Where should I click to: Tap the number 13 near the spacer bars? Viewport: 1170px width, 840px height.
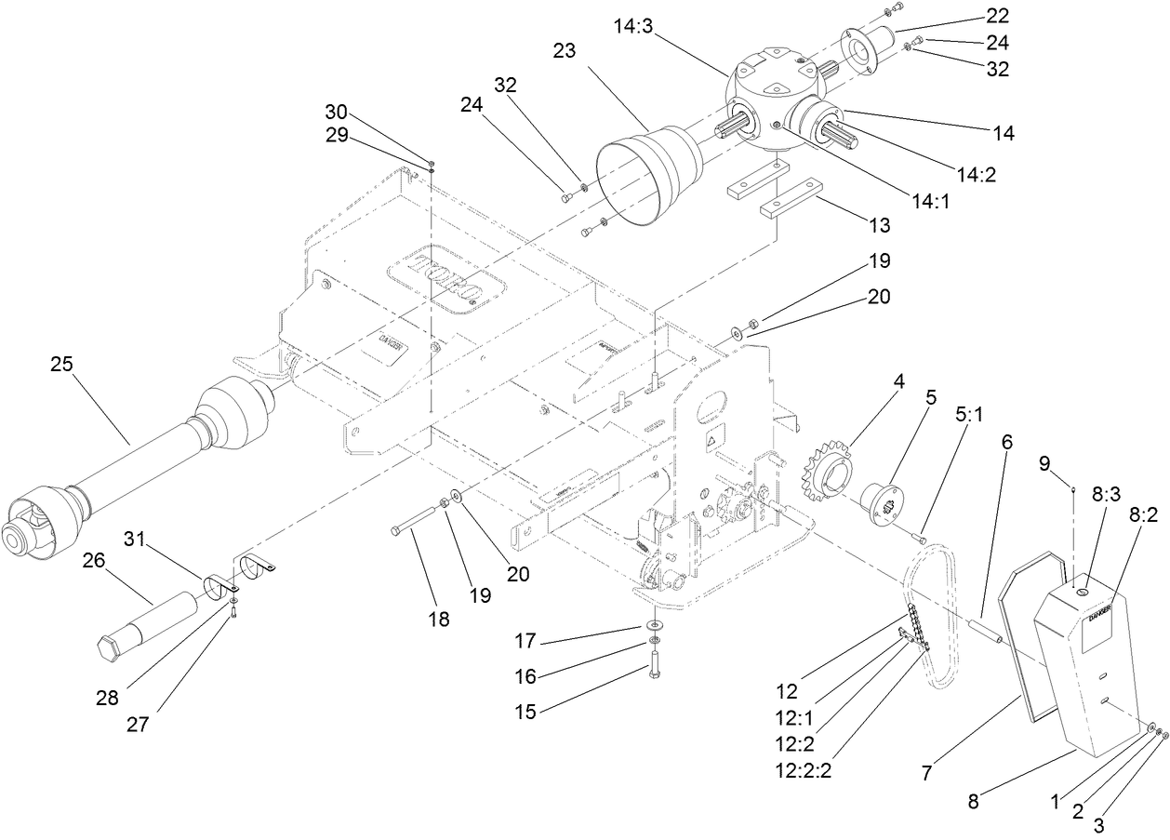tap(877, 224)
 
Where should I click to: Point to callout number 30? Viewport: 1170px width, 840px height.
tap(336, 110)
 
